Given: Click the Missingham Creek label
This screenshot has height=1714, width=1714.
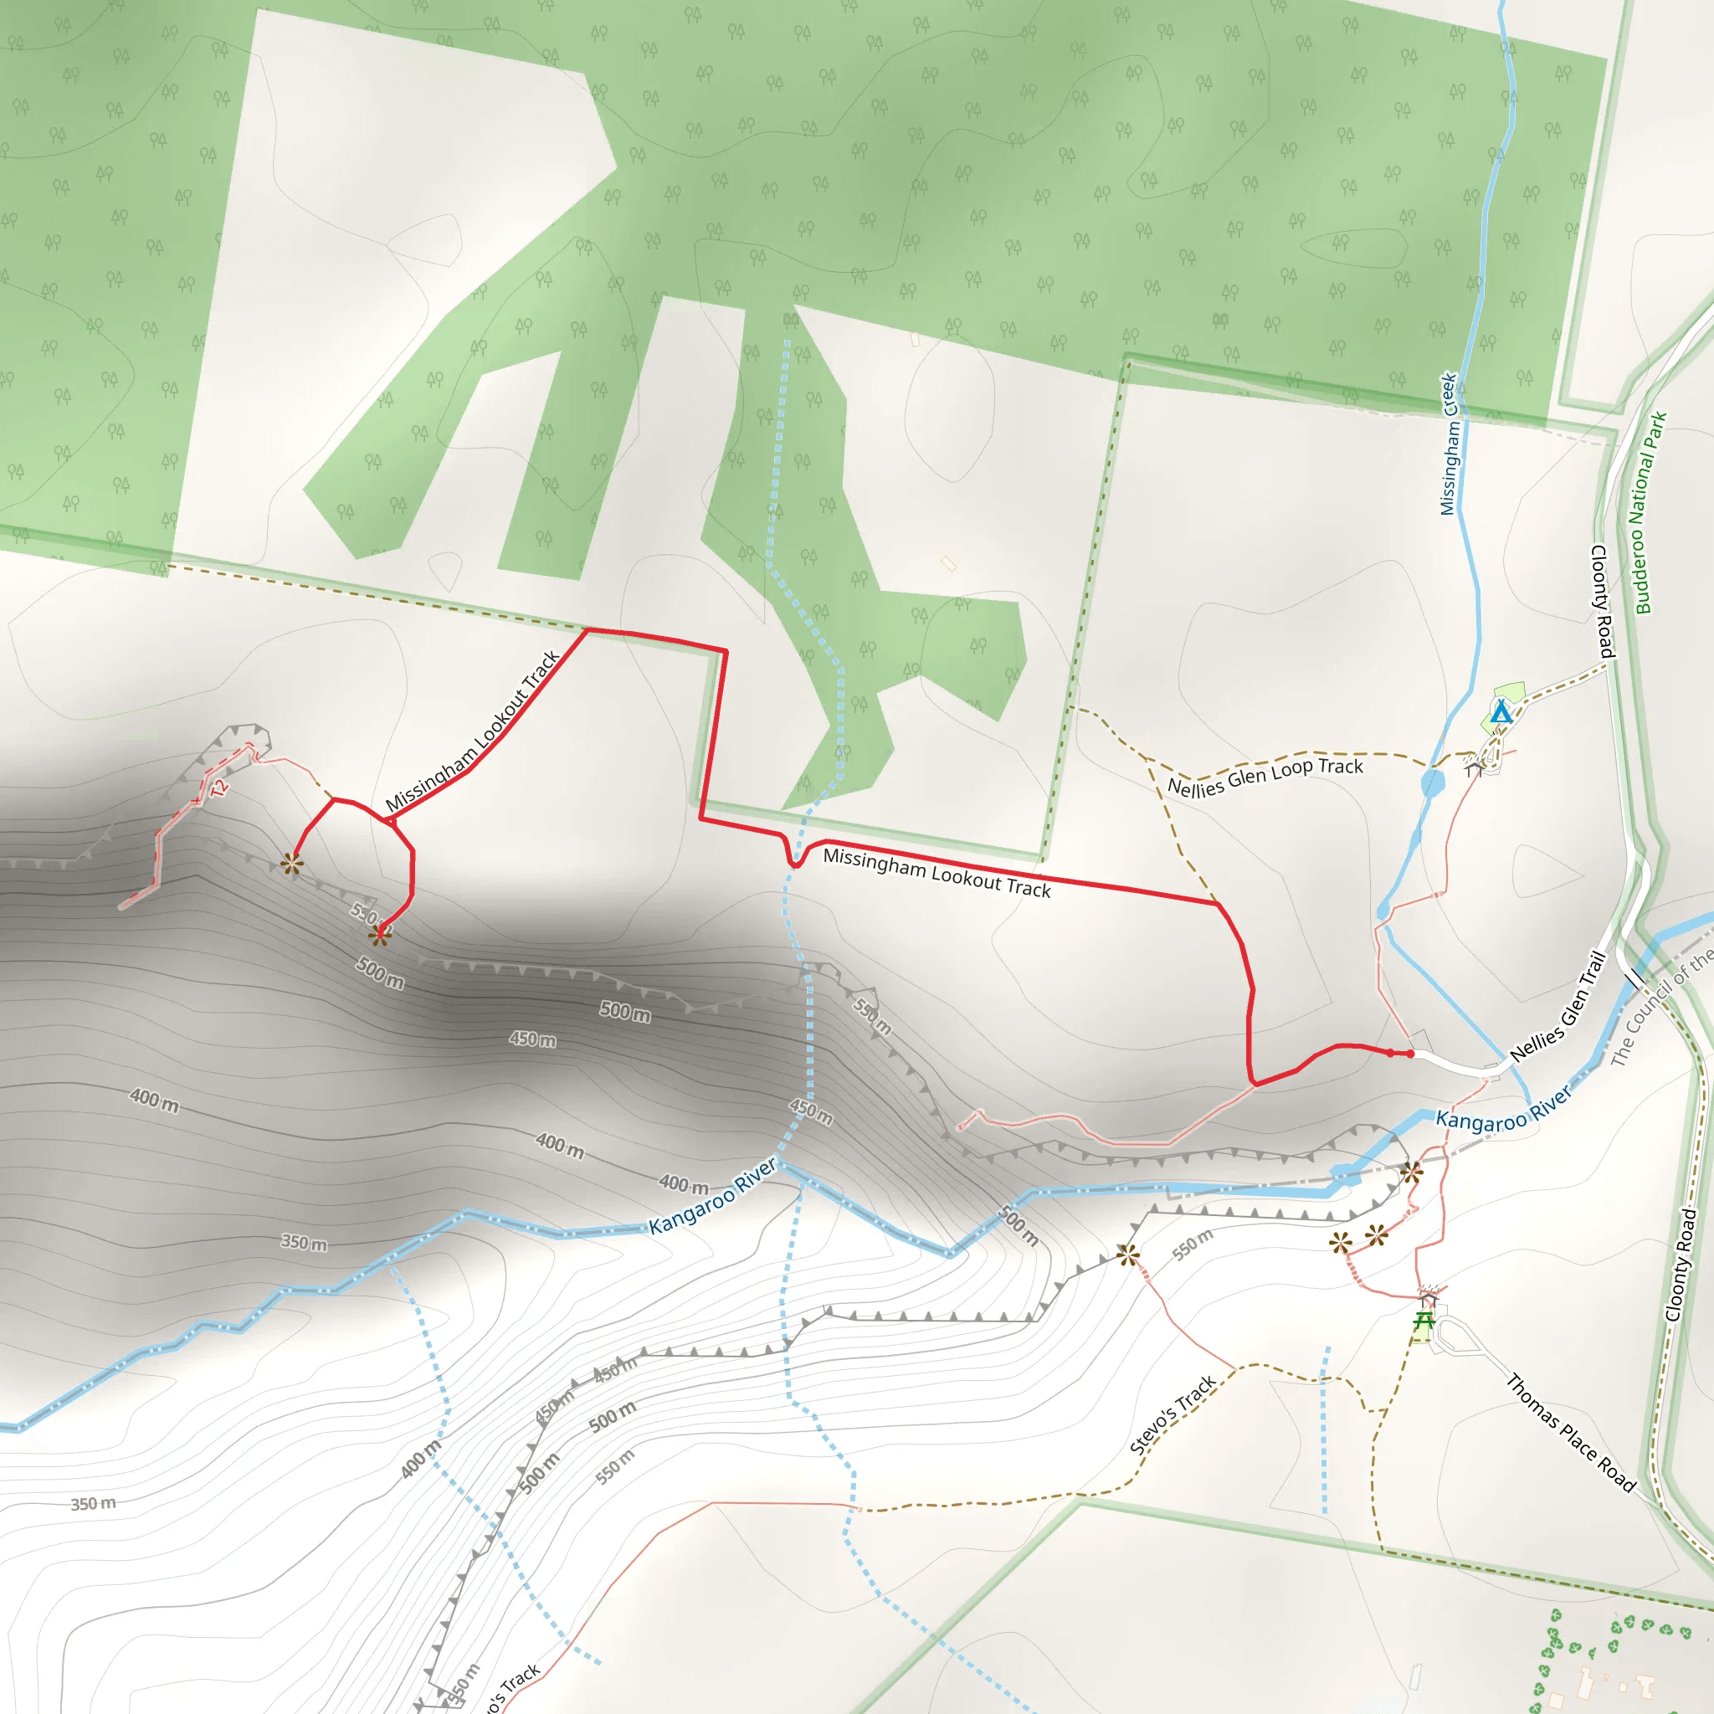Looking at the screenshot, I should click(1449, 444).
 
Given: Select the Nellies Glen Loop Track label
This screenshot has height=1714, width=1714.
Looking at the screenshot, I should click(1265, 777).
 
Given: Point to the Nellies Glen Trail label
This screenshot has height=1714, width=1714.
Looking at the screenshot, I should click(1558, 1006).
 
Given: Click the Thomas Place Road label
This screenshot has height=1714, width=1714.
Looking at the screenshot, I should click(1571, 1433).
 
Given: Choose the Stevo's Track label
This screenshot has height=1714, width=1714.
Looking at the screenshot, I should click(1173, 1415).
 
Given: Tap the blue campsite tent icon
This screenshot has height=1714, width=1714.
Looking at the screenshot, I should click(1501, 712).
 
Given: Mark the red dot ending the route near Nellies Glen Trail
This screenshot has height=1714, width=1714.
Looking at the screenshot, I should click(1410, 1054).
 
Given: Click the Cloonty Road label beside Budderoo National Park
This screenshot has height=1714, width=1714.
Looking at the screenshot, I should click(1602, 602).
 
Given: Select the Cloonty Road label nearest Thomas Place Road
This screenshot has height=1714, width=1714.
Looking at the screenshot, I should click(1681, 1265).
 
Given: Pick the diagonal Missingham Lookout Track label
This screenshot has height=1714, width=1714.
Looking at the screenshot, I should click(472, 732).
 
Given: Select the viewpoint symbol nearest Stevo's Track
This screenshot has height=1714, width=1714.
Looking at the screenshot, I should click(1127, 1255).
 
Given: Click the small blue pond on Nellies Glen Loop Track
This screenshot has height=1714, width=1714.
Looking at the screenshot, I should click(1433, 783).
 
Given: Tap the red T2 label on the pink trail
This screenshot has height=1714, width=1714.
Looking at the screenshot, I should click(219, 787).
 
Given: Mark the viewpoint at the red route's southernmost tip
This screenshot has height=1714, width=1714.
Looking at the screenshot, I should click(380, 935).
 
